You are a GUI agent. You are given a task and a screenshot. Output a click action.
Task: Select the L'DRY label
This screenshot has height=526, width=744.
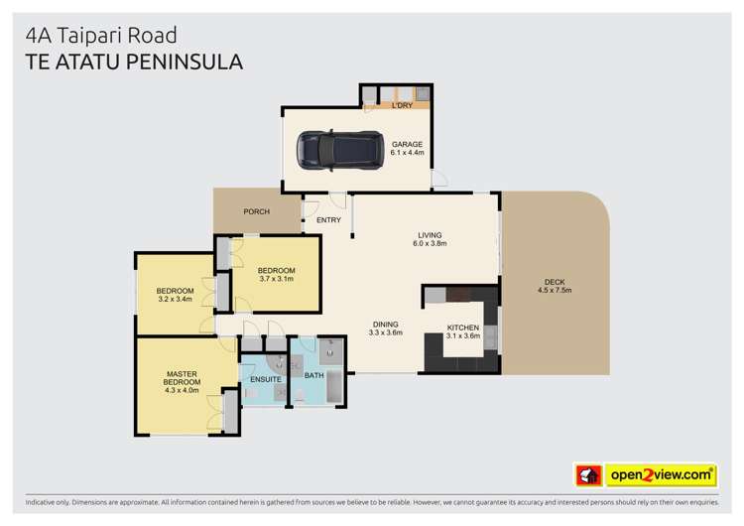click(402, 105)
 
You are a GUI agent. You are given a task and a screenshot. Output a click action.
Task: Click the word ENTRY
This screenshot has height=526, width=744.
click(328, 219)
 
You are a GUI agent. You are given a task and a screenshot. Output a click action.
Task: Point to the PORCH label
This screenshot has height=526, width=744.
click(256, 211)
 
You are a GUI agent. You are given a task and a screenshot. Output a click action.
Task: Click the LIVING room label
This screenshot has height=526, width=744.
click(430, 235)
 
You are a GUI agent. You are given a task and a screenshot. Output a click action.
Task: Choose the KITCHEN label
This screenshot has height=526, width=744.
click(463, 328)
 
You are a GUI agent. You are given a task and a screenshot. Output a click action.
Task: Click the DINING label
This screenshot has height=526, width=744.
click(385, 324)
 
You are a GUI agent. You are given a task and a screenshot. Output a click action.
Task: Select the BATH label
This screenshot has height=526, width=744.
click(313, 375)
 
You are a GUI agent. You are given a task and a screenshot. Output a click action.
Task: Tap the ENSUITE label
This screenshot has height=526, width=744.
click(265, 379)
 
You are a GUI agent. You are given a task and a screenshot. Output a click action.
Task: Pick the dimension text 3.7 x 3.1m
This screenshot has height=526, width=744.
click(277, 279)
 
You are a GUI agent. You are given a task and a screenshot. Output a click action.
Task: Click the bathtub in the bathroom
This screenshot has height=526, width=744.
click(334, 385)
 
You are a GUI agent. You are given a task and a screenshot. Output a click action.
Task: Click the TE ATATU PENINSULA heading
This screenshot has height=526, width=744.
click(133, 62)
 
